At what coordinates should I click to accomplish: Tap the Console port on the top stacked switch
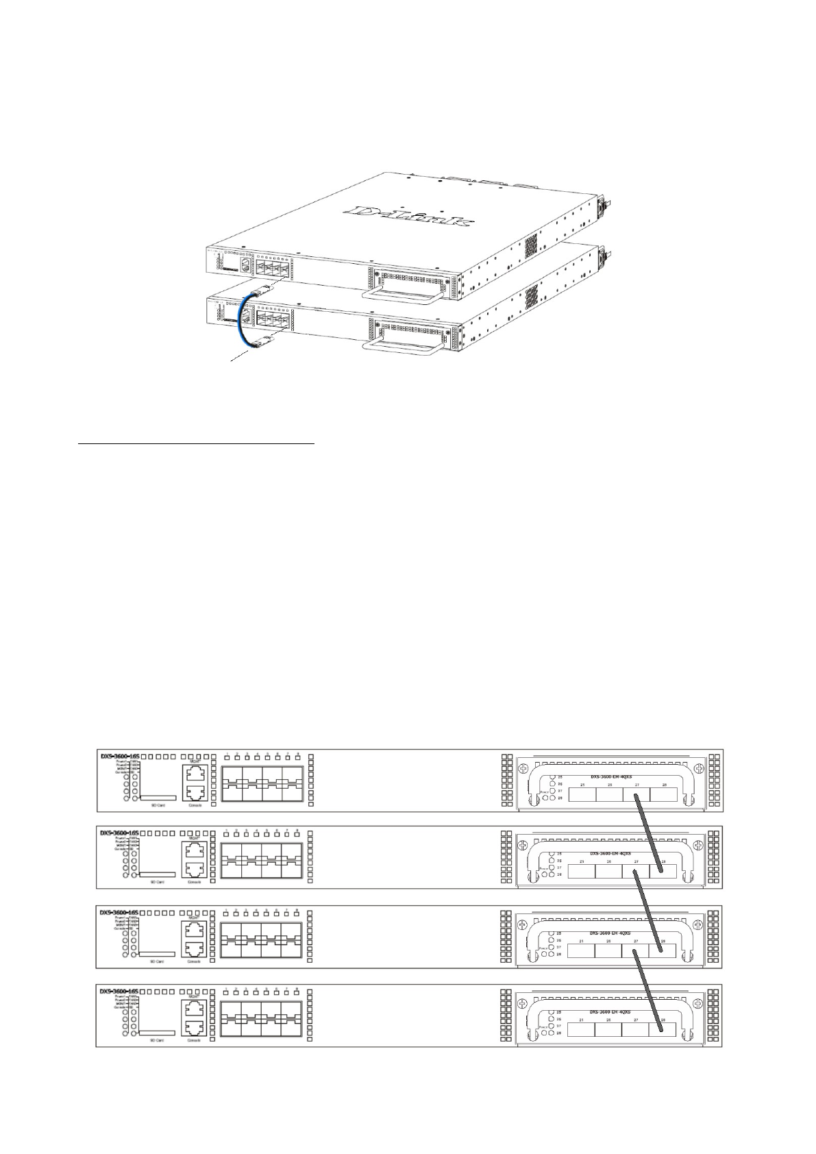click(194, 793)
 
